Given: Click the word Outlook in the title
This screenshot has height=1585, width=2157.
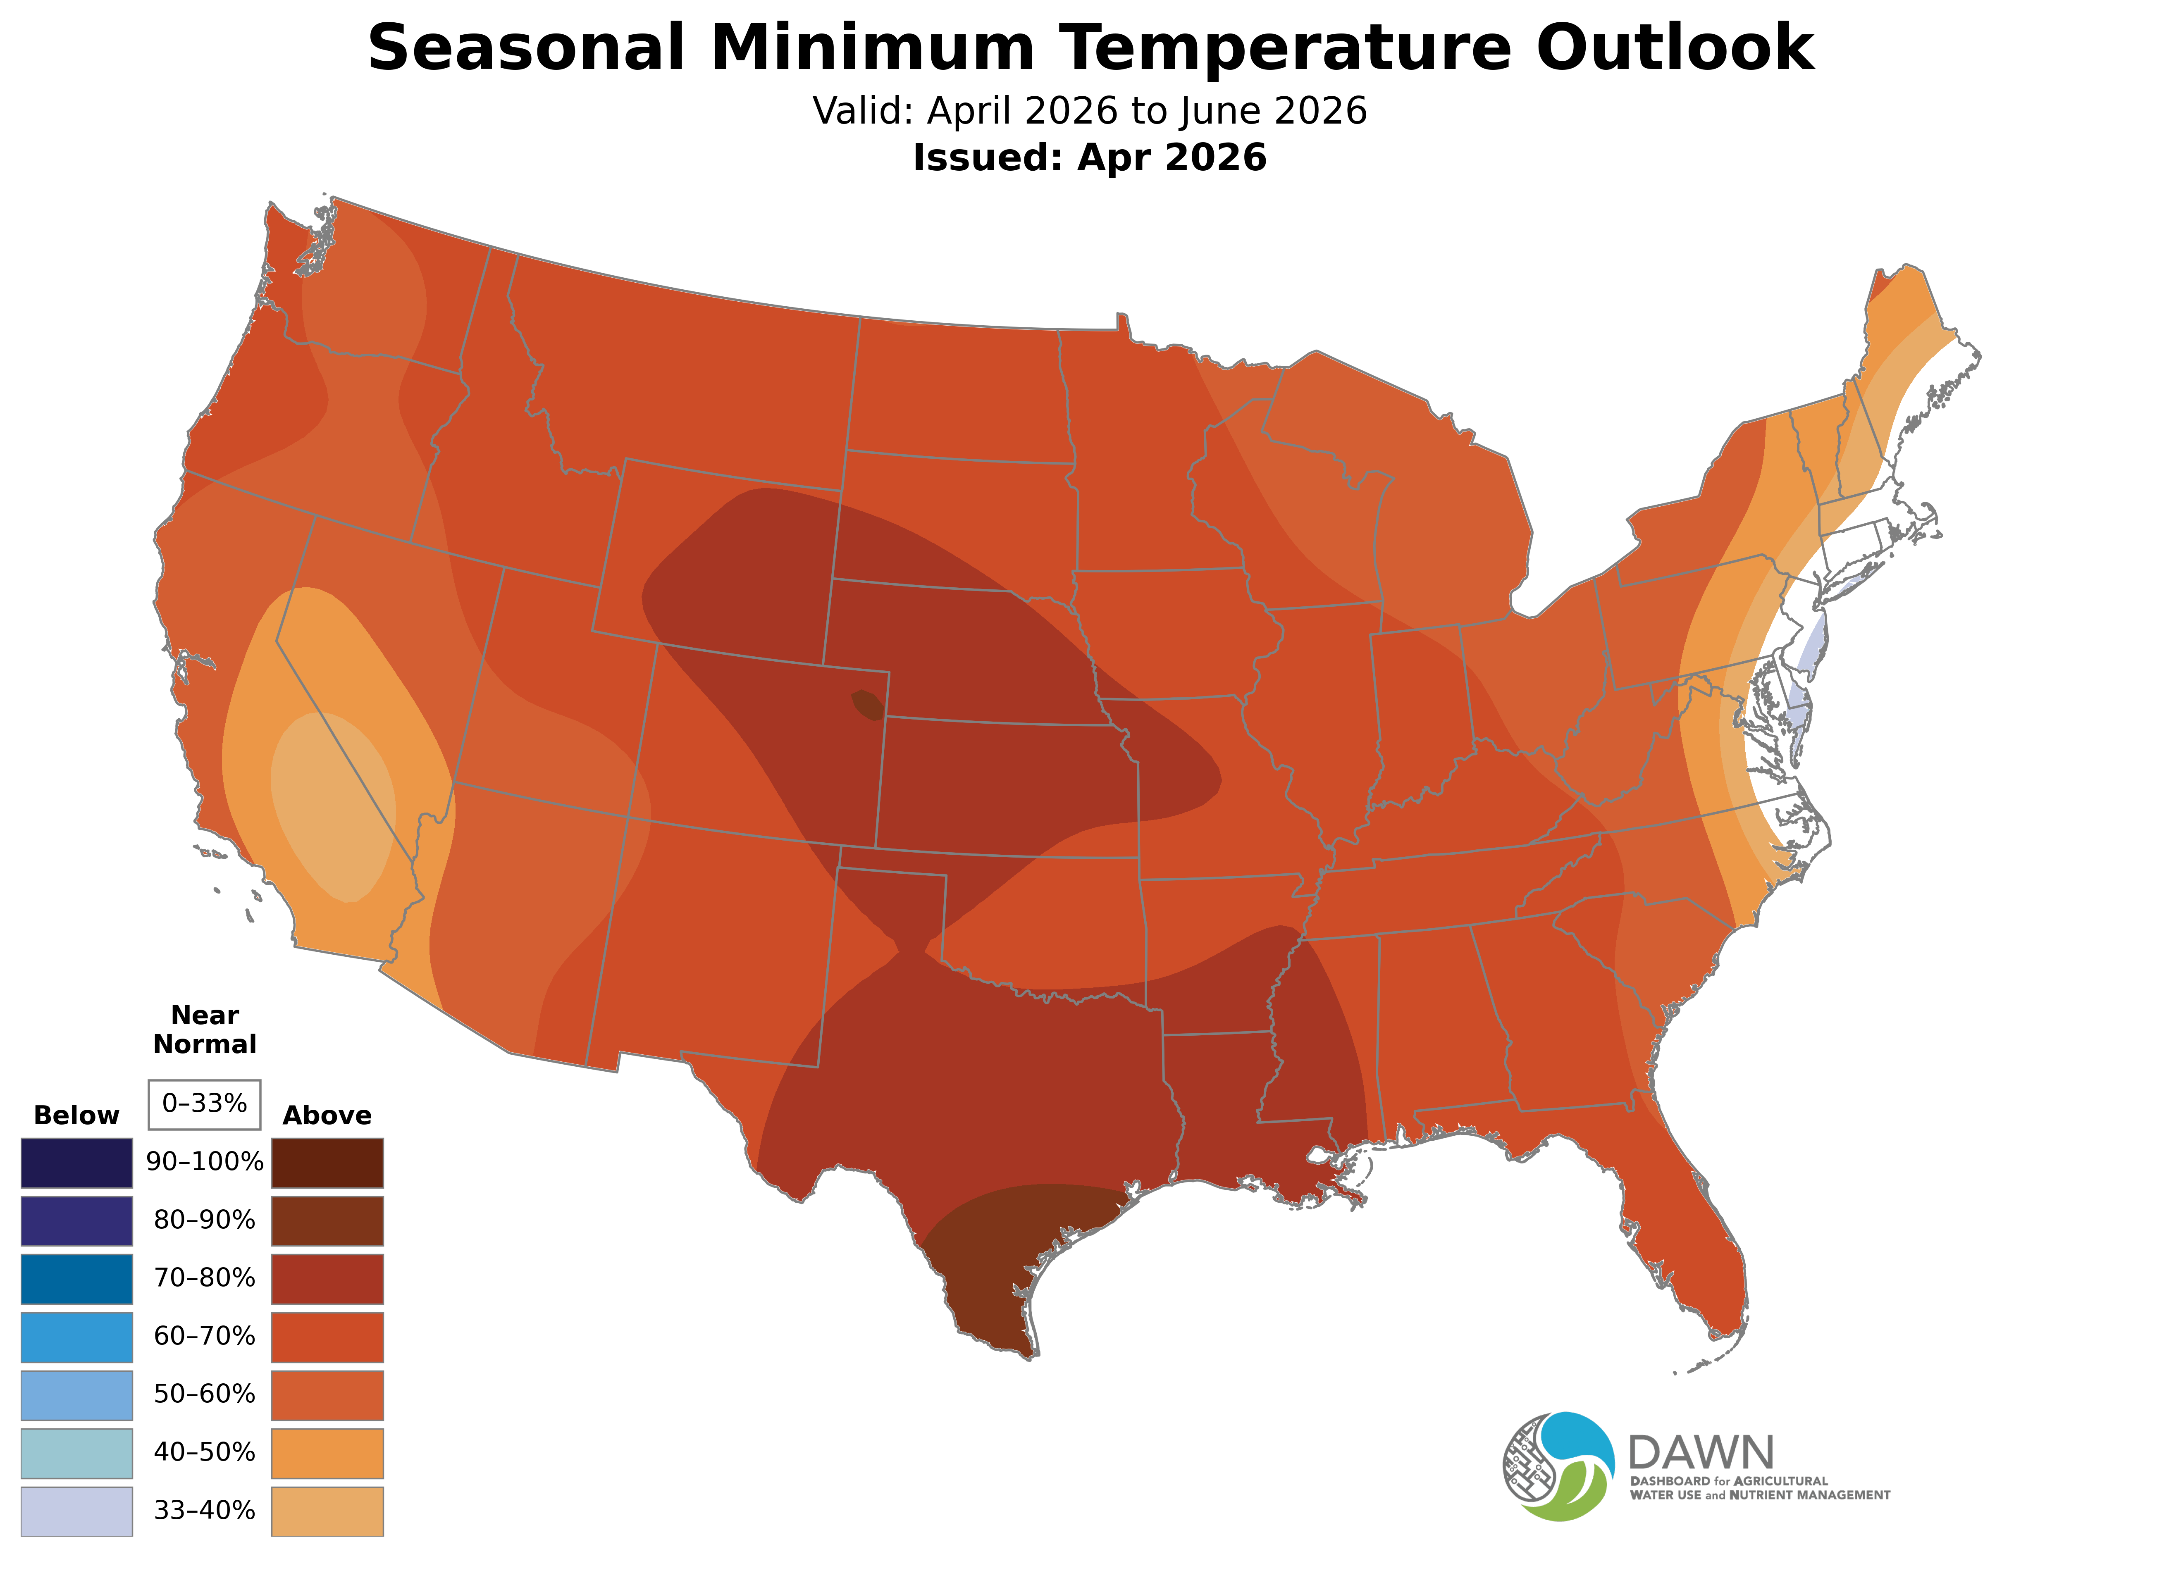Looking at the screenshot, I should (x=1674, y=48).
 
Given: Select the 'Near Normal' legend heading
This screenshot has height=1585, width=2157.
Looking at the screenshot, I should (x=204, y=1030).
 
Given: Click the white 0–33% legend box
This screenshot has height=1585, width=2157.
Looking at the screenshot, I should (x=204, y=1104).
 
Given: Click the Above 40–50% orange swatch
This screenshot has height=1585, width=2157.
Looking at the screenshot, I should (x=327, y=1453).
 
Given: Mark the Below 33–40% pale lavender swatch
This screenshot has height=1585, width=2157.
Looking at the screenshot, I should (x=77, y=1511).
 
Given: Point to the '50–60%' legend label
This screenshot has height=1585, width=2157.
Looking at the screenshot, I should (x=204, y=1394).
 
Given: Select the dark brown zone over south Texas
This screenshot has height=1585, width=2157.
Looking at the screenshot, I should (x=1007, y=1257).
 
